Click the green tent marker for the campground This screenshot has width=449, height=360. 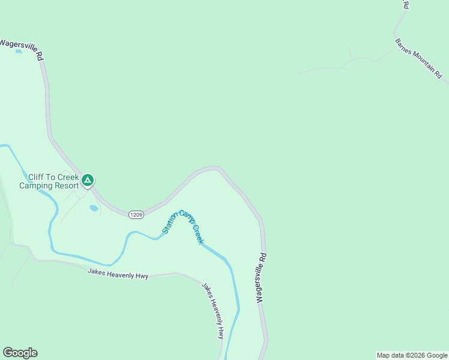click(x=88, y=179)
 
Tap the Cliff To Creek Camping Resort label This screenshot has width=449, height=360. click(x=49, y=181)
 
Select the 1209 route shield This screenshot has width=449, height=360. click(x=136, y=214)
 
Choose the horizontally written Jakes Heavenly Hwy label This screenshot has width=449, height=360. click(x=118, y=273)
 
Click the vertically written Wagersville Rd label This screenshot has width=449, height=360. click(x=261, y=277)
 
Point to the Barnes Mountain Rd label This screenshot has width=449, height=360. click(x=418, y=59)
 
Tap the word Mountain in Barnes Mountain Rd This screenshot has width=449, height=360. click(x=420, y=61)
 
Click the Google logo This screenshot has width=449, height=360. click(x=20, y=353)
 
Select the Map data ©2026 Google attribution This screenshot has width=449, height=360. click(x=412, y=355)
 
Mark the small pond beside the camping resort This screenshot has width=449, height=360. click(x=94, y=208)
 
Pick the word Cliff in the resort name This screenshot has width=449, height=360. click(x=37, y=177)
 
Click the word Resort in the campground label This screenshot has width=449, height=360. click(x=67, y=185)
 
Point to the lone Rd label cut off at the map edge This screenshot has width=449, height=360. click(x=406, y=5)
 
